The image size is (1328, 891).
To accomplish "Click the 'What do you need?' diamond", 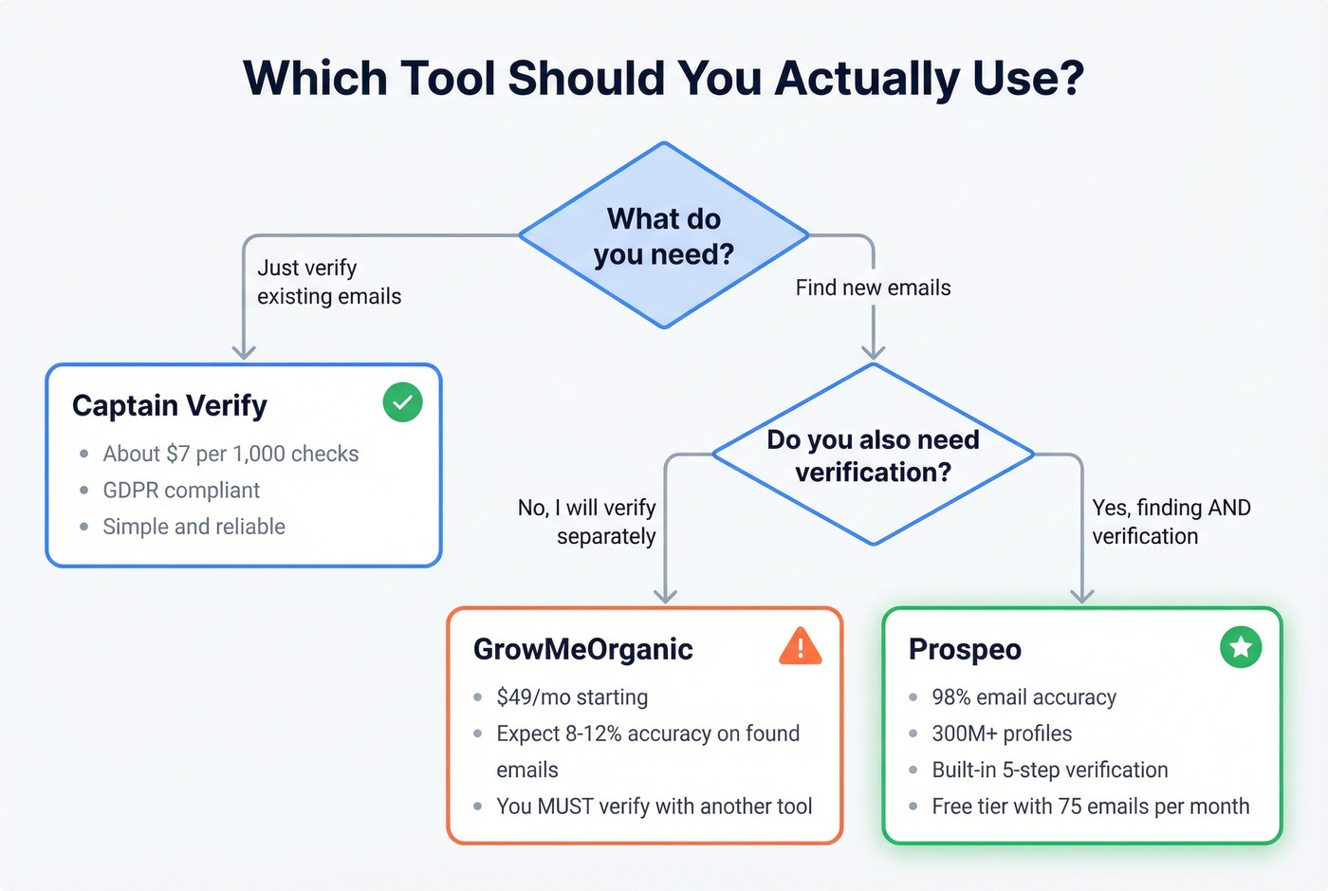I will pos(664,236).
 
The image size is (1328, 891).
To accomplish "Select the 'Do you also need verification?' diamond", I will pos(873,455).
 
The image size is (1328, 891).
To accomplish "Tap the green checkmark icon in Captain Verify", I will pos(402,402).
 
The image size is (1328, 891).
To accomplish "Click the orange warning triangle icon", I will pos(800,647).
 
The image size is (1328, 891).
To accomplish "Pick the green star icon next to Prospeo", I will pos(1240,647).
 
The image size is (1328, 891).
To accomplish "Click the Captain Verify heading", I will pos(170,405).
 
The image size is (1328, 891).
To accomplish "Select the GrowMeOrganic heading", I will pos(582,649).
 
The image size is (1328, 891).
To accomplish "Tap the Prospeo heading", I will pos(965,649).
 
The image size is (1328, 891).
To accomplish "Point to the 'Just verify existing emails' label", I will pos(328,282).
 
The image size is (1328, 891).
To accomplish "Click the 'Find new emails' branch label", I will pos(873,288).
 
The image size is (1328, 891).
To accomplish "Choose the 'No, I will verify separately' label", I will pos(587,522).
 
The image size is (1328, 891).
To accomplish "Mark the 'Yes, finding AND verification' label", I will pos(1171,522).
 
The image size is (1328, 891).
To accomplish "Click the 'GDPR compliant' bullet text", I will pos(181,491).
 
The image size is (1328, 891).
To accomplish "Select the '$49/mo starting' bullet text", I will pos(572,697).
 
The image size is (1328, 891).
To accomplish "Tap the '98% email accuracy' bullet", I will pos(1024,697).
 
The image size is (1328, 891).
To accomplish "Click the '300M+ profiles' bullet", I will pos(1002,733).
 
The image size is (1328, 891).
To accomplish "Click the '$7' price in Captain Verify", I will pos(178,455).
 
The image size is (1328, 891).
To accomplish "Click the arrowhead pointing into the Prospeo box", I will pos(1081,596).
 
